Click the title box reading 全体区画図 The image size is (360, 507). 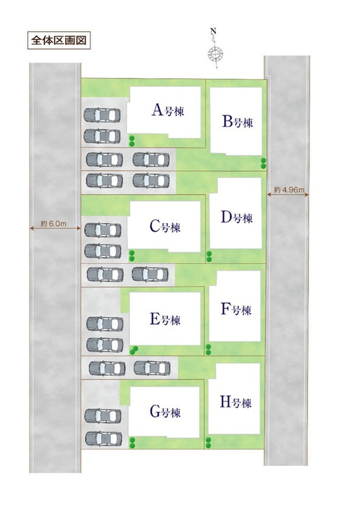[x=58, y=41]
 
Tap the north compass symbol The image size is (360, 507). [x=215, y=50]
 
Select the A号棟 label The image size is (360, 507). [x=167, y=110]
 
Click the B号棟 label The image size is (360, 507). [x=238, y=122]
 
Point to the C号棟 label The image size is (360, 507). [x=165, y=227]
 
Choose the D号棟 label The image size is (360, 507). [x=236, y=217]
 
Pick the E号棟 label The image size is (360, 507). [x=165, y=319]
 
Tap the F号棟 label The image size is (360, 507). [x=236, y=309]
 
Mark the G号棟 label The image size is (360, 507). [x=165, y=412]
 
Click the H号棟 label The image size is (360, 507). [x=236, y=402]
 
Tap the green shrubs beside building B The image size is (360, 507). [x=264, y=164]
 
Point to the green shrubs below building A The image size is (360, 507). [x=132, y=141]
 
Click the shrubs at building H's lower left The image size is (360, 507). [x=208, y=442]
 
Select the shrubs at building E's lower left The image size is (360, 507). [x=133, y=350]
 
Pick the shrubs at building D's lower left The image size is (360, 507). [x=209, y=257]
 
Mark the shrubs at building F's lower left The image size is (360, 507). [x=208, y=350]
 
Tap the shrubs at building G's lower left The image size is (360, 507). [x=132, y=442]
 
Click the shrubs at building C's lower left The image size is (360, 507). [x=132, y=256]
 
